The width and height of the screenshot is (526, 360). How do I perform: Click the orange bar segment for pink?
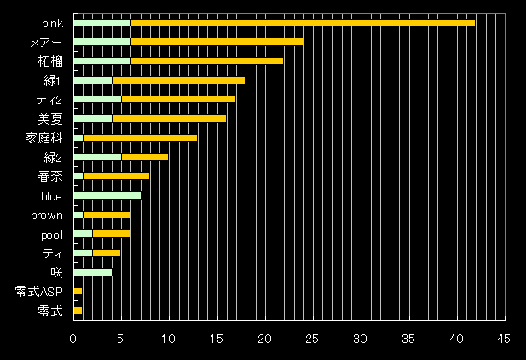303,22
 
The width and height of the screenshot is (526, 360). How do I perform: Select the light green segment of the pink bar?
102,22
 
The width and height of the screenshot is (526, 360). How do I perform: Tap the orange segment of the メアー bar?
217,42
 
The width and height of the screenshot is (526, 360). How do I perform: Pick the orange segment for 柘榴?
206,61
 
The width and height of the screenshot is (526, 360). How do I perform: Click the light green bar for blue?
107,196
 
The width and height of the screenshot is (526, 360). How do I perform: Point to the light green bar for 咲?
93,273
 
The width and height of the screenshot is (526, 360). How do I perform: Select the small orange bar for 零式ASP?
78,292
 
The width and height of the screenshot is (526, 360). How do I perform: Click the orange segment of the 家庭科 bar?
140,137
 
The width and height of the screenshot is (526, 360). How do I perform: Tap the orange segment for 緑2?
145,157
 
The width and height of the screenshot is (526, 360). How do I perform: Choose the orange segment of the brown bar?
107,215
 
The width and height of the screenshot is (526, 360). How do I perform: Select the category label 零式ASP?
39,293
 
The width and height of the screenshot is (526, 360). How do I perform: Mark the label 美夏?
50,119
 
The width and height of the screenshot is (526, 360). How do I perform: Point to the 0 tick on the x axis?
74,339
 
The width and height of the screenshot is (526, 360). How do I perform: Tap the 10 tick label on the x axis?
169,339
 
